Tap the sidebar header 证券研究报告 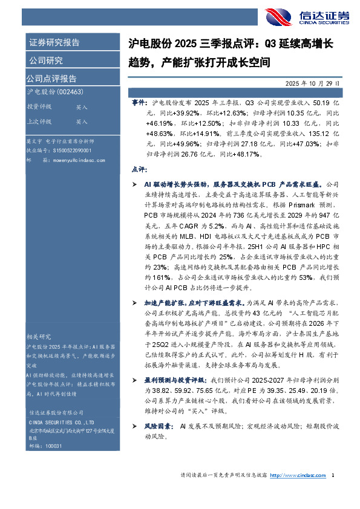[54, 43]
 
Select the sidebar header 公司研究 [45, 60]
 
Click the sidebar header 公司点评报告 [51, 79]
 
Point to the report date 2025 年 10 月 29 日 [313, 83]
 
